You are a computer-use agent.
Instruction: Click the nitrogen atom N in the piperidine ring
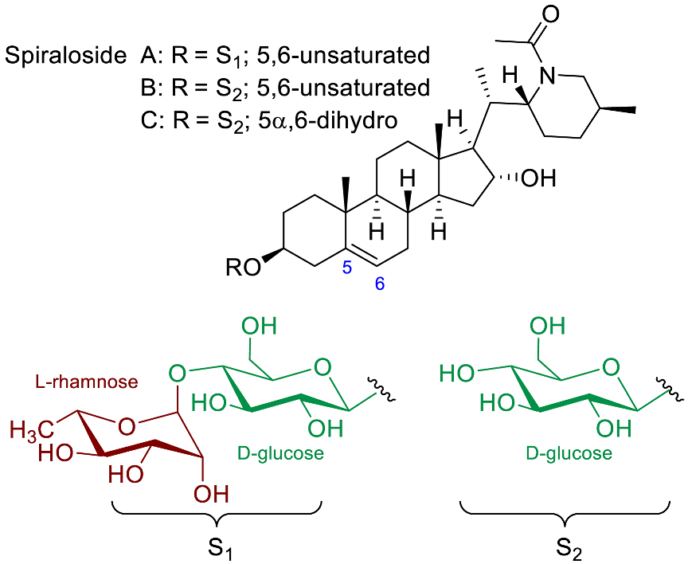545,76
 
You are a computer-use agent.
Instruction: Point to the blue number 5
346,268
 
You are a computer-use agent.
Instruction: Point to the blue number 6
380,284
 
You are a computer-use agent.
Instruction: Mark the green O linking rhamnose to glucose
178,372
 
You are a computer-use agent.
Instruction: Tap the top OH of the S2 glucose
548,326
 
